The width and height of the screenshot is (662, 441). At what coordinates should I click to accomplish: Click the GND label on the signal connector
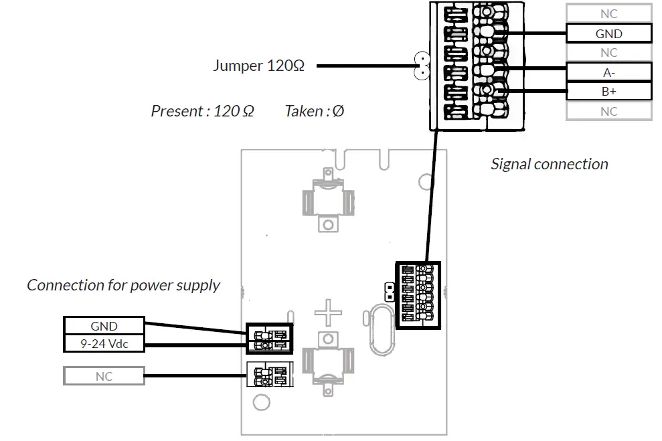point(608,33)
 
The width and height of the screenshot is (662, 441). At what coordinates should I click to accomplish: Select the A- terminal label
point(608,72)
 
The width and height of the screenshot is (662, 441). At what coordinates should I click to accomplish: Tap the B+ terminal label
point(608,92)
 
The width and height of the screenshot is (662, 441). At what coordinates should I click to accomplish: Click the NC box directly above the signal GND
point(608,13)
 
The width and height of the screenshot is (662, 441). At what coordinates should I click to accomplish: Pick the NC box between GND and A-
point(608,53)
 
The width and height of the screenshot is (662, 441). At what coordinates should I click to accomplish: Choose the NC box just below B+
point(608,111)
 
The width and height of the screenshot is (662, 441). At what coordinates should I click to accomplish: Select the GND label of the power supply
point(104,327)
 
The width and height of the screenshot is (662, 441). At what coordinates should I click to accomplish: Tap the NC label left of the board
point(104,377)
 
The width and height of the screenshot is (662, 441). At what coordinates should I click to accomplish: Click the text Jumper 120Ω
point(258,66)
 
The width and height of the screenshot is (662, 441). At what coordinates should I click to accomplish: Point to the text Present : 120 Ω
point(202,111)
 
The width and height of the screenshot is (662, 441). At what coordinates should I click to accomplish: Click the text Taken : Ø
point(314,111)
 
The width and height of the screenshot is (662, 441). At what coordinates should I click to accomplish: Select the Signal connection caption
point(549,164)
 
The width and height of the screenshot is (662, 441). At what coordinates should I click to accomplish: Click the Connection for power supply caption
point(123,285)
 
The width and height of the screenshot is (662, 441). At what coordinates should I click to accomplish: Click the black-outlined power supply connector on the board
point(270,339)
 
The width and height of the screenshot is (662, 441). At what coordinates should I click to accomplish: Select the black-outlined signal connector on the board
point(418,294)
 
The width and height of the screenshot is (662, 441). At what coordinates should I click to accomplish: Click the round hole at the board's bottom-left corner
point(261,402)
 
